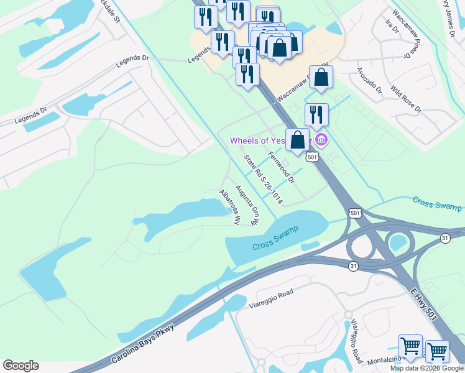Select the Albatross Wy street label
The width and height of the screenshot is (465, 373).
(x=229, y=207)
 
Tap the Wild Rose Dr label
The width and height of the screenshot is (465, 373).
(x=406, y=101)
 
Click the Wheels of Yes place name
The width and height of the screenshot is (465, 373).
(x=258, y=140)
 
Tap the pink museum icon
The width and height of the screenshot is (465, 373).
(x=321, y=139)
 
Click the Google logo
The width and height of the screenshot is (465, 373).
(x=21, y=366)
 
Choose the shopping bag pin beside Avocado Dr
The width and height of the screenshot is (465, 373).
(x=321, y=78)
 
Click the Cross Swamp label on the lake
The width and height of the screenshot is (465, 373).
(x=275, y=238)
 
